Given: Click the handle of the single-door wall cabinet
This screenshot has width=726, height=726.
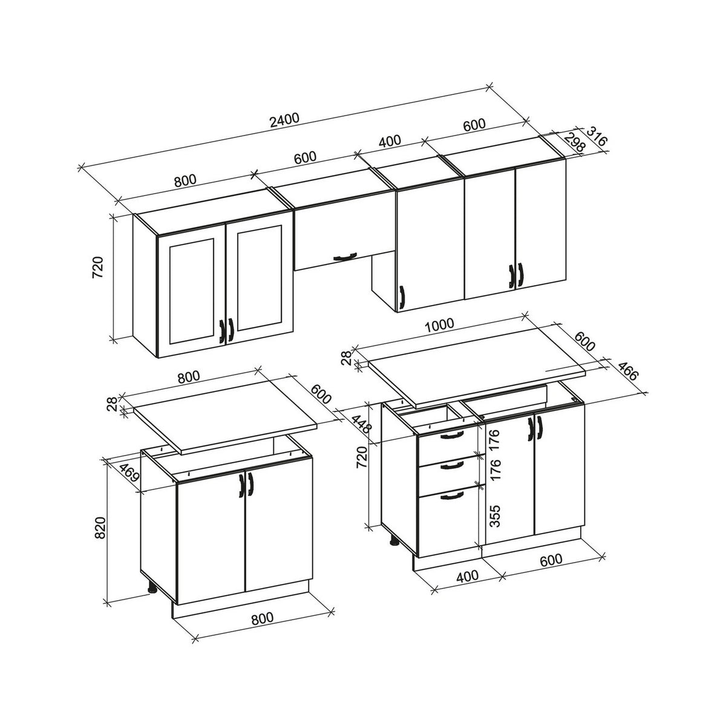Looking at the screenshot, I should coord(401,296).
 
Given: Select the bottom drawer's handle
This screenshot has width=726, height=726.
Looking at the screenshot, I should coord(451,497).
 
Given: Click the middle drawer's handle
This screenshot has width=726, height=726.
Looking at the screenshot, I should coord(451,465).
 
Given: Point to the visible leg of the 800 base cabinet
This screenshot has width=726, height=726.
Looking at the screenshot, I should coord(152,587).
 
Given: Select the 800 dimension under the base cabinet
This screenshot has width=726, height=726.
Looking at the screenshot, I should coord(261,618).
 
